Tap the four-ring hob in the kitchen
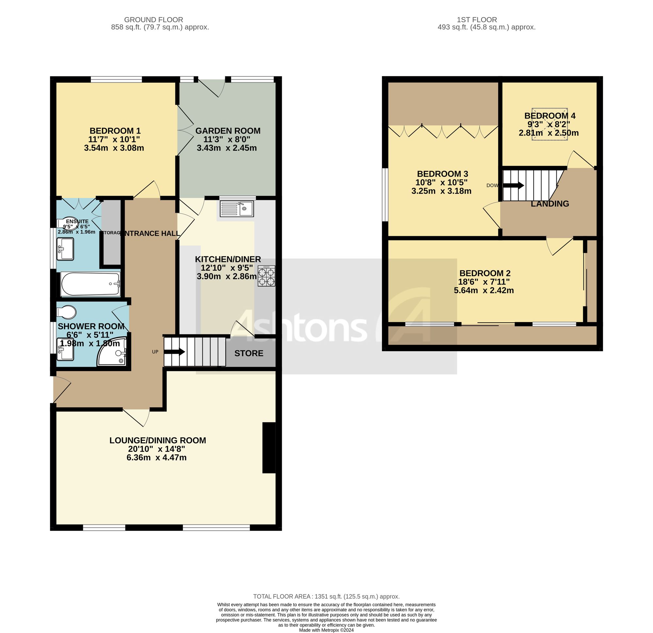point(266,276)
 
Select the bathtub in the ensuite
point(91,284)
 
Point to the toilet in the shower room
point(67,312)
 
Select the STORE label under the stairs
point(248,353)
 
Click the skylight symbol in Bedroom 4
point(549,124)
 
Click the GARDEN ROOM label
point(228,131)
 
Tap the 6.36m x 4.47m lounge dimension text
point(156,457)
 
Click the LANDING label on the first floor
point(549,204)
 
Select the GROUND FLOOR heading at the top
point(153,20)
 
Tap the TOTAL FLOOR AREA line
point(326,596)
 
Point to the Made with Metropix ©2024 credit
point(326,630)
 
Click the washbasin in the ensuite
point(65,249)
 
